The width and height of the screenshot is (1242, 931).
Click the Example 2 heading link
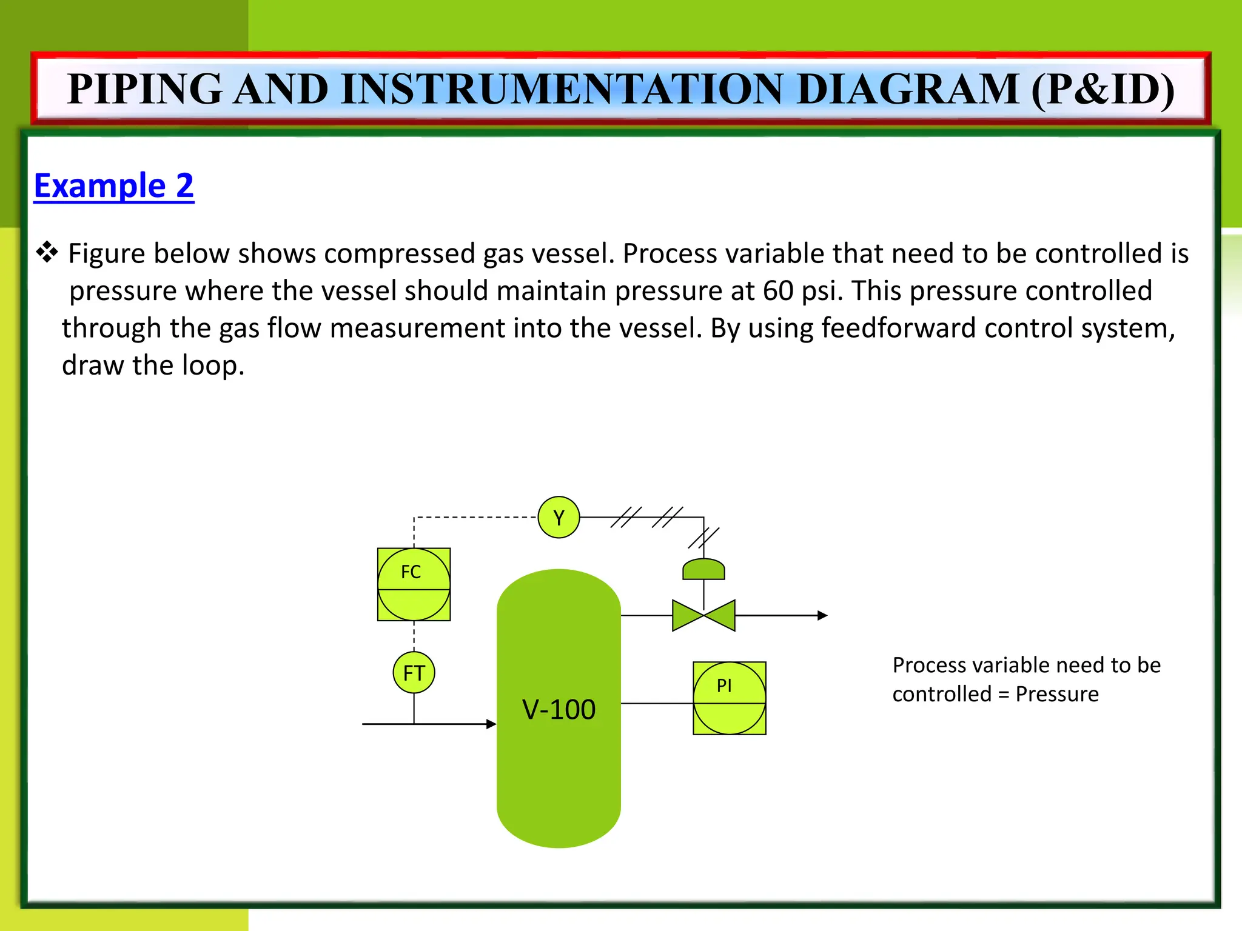point(113,185)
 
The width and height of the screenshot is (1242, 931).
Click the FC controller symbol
point(414,584)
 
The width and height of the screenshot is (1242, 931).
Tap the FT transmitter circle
point(414,672)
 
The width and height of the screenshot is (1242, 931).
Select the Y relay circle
point(559,517)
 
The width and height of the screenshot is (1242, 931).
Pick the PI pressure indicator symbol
point(729,698)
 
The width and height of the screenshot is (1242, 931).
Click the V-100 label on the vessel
point(559,709)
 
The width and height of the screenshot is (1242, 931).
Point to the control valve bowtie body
point(703,615)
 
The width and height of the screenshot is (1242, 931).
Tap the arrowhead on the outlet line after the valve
point(822,615)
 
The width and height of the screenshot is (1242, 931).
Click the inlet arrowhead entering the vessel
point(491,724)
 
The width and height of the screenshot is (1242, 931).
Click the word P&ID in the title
point(1103,89)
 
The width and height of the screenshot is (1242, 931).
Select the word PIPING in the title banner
point(145,89)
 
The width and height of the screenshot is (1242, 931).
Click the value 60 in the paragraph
point(778,291)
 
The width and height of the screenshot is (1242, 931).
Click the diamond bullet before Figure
point(47,252)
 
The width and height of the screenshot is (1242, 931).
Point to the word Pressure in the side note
point(1056,694)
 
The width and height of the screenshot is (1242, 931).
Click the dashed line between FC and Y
point(473,517)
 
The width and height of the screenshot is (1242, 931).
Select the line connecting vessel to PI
point(657,703)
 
